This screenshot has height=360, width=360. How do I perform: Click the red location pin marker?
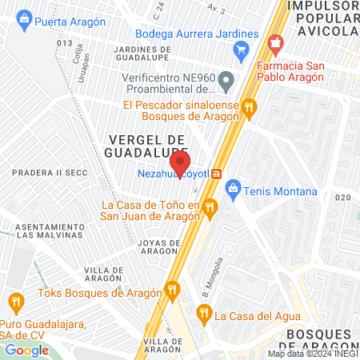[181, 164]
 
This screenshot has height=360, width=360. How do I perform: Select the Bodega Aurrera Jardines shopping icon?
[241, 50]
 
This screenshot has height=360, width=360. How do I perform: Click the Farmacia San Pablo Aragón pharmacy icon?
[277, 44]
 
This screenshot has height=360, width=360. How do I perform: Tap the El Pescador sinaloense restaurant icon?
[250, 106]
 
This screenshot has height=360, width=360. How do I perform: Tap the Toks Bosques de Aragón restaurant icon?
[170, 291]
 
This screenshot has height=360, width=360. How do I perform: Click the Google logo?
[26, 350]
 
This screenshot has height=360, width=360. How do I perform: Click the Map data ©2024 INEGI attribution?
[313, 354]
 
